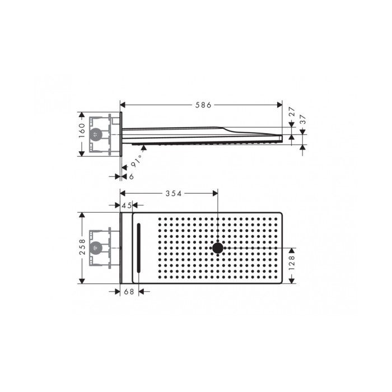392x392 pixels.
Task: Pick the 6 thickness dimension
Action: (131, 176)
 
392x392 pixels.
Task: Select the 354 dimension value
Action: (173, 193)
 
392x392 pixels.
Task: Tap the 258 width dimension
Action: (82, 248)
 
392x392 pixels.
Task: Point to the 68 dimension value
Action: (128, 291)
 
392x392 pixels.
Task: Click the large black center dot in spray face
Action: (217, 248)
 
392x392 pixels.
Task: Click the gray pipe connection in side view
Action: (96, 134)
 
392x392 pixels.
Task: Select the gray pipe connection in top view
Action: (96, 247)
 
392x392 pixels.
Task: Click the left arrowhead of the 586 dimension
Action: (124, 105)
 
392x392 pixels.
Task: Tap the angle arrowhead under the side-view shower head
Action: (144, 148)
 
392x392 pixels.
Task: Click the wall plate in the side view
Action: (120, 134)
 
